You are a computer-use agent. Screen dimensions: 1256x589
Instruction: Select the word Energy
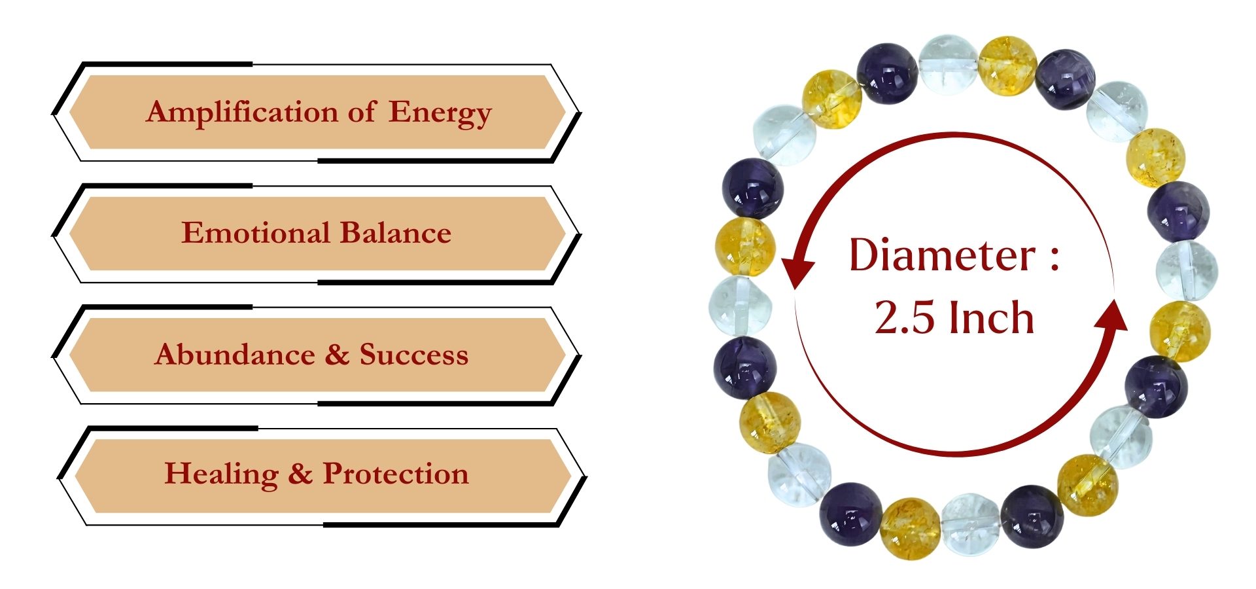[440, 113]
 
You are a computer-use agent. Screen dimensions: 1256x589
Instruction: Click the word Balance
[395, 232]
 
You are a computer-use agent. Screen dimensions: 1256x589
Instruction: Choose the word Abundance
[235, 354]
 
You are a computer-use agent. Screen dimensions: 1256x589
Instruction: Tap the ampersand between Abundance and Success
[337, 354]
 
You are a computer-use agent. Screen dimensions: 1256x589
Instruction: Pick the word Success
[413, 354]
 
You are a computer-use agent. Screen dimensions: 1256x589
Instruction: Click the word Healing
[221, 474]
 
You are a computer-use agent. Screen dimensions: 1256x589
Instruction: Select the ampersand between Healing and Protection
[300, 473]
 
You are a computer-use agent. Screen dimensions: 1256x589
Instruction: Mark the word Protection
[396, 473]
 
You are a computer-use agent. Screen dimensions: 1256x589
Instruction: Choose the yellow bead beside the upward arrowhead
[1180, 331]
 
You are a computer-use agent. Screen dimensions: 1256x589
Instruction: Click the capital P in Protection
[333, 473]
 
